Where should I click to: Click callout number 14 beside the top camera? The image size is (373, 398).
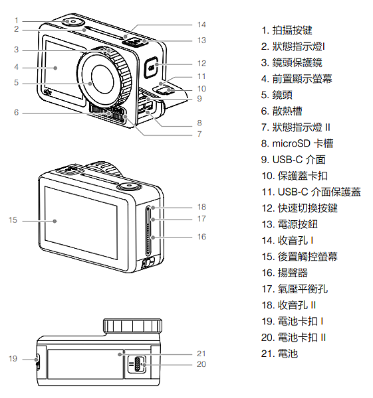pyautogui.click(x=201, y=25)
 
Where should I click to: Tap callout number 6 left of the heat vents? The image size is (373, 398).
pyautogui.click(x=16, y=112)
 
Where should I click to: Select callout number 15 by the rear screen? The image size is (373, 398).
pyautogui.click(x=13, y=220)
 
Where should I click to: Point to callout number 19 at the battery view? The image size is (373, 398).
pyautogui.click(x=13, y=358)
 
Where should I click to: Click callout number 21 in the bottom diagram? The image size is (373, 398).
pyautogui.click(x=201, y=354)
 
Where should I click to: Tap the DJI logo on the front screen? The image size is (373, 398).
pyautogui.click(x=48, y=92)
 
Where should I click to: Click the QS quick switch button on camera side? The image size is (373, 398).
pyautogui.click(x=152, y=67)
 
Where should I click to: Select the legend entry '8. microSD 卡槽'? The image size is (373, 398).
pyautogui.click(x=297, y=143)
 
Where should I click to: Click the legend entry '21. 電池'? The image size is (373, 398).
pyautogui.click(x=279, y=354)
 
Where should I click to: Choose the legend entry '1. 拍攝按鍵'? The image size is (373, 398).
pyautogui.click(x=287, y=31)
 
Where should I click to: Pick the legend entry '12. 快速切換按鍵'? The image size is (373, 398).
pyautogui.click(x=299, y=208)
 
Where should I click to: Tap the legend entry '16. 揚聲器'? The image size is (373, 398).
pyautogui.click(x=285, y=273)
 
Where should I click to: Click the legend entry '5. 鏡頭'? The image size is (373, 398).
pyautogui.click(x=277, y=95)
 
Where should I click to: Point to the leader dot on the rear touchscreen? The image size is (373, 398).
pyautogui.click(x=55, y=221)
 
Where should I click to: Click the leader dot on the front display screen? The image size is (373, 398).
pyautogui.click(x=55, y=68)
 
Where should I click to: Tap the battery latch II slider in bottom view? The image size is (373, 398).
pyautogui.click(x=136, y=364)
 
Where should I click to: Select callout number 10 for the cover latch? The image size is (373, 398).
pyautogui.click(x=201, y=89)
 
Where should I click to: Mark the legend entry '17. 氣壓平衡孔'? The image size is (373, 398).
pyautogui.click(x=295, y=289)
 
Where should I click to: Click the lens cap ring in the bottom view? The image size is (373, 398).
pyautogui.click(x=132, y=326)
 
